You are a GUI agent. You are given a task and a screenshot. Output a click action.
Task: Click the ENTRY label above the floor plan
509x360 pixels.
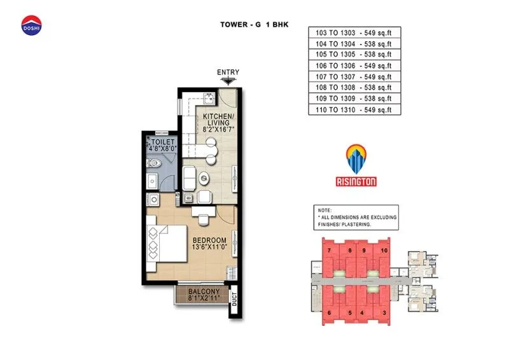(228, 73)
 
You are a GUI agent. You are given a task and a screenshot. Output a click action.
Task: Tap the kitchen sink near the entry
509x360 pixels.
(207, 98)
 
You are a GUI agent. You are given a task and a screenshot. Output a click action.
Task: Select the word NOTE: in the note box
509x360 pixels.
(325, 210)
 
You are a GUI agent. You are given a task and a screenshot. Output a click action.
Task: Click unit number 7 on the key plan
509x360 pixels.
(329, 251)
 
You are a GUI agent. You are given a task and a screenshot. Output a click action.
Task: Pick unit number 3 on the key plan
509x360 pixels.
(385, 312)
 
